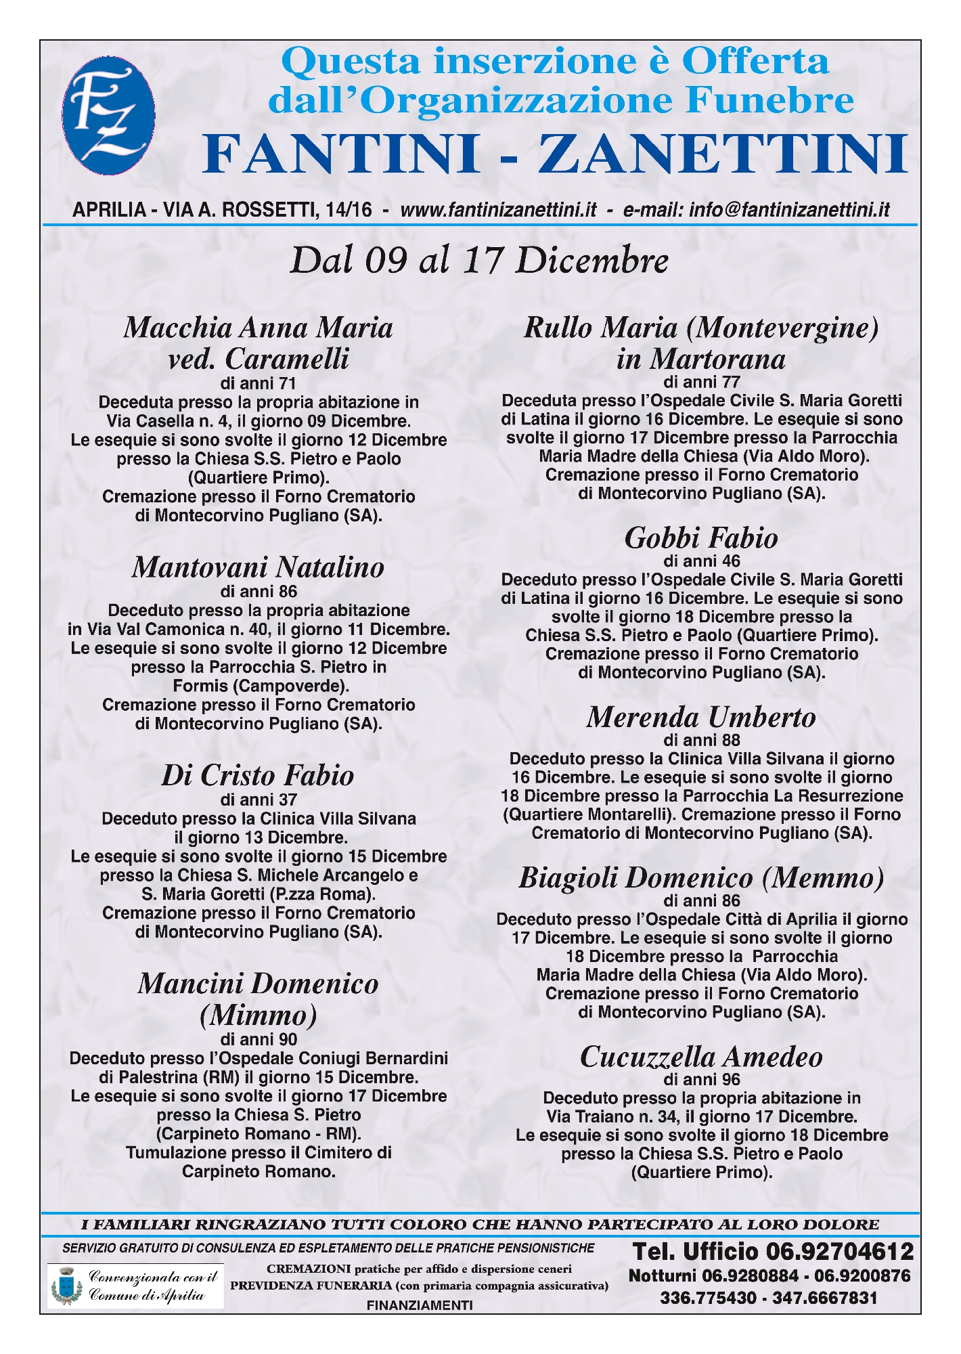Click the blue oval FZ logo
(108, 116)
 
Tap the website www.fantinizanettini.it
(498, 210)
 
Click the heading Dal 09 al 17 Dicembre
(479, 261)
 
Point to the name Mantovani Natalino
(258, 567)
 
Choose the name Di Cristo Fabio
(258, 776)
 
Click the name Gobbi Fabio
(701, 538)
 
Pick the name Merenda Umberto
(701, 718)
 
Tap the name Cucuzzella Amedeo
(701, 1057)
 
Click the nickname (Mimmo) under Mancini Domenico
(258, 1016)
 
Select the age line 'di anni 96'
(701, 1080)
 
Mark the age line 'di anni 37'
(258, 800)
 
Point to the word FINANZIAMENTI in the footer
(420, 1305)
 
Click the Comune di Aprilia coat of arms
(67, 1286)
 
